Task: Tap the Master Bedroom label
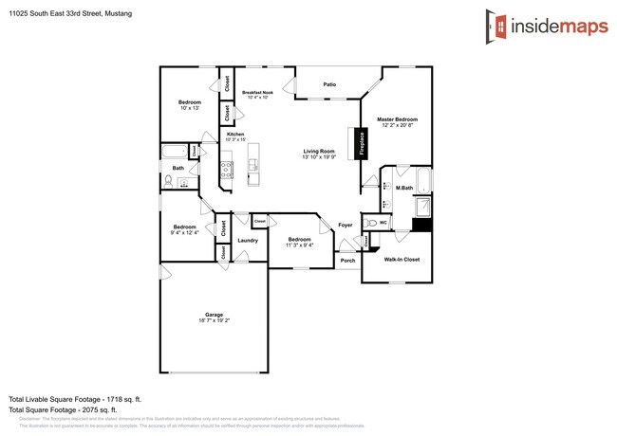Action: tap(399, 119)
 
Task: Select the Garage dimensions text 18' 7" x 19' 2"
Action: tap(215, 320)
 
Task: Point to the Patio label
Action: tap(329, 84)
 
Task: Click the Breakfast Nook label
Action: tap(258, 93)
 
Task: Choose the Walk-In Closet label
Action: tap(402, 258)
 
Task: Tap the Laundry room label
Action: tap(248, 241)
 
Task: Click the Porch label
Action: tap(348, 261)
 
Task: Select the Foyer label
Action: tap(346, 225)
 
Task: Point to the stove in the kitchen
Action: tap(228, 171)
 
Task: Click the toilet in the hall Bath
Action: tap(168, 180)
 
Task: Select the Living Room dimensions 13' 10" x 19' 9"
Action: tap(319, 156)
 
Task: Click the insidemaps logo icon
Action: tap(493, 23)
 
